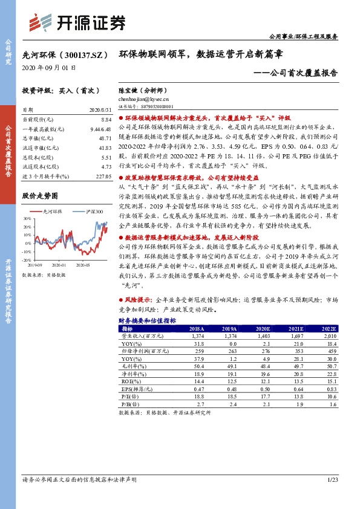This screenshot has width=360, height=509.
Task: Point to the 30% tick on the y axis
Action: point(28,218)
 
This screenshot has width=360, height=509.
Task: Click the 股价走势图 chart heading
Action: point(39,196)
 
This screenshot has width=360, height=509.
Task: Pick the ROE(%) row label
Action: point(129,381)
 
